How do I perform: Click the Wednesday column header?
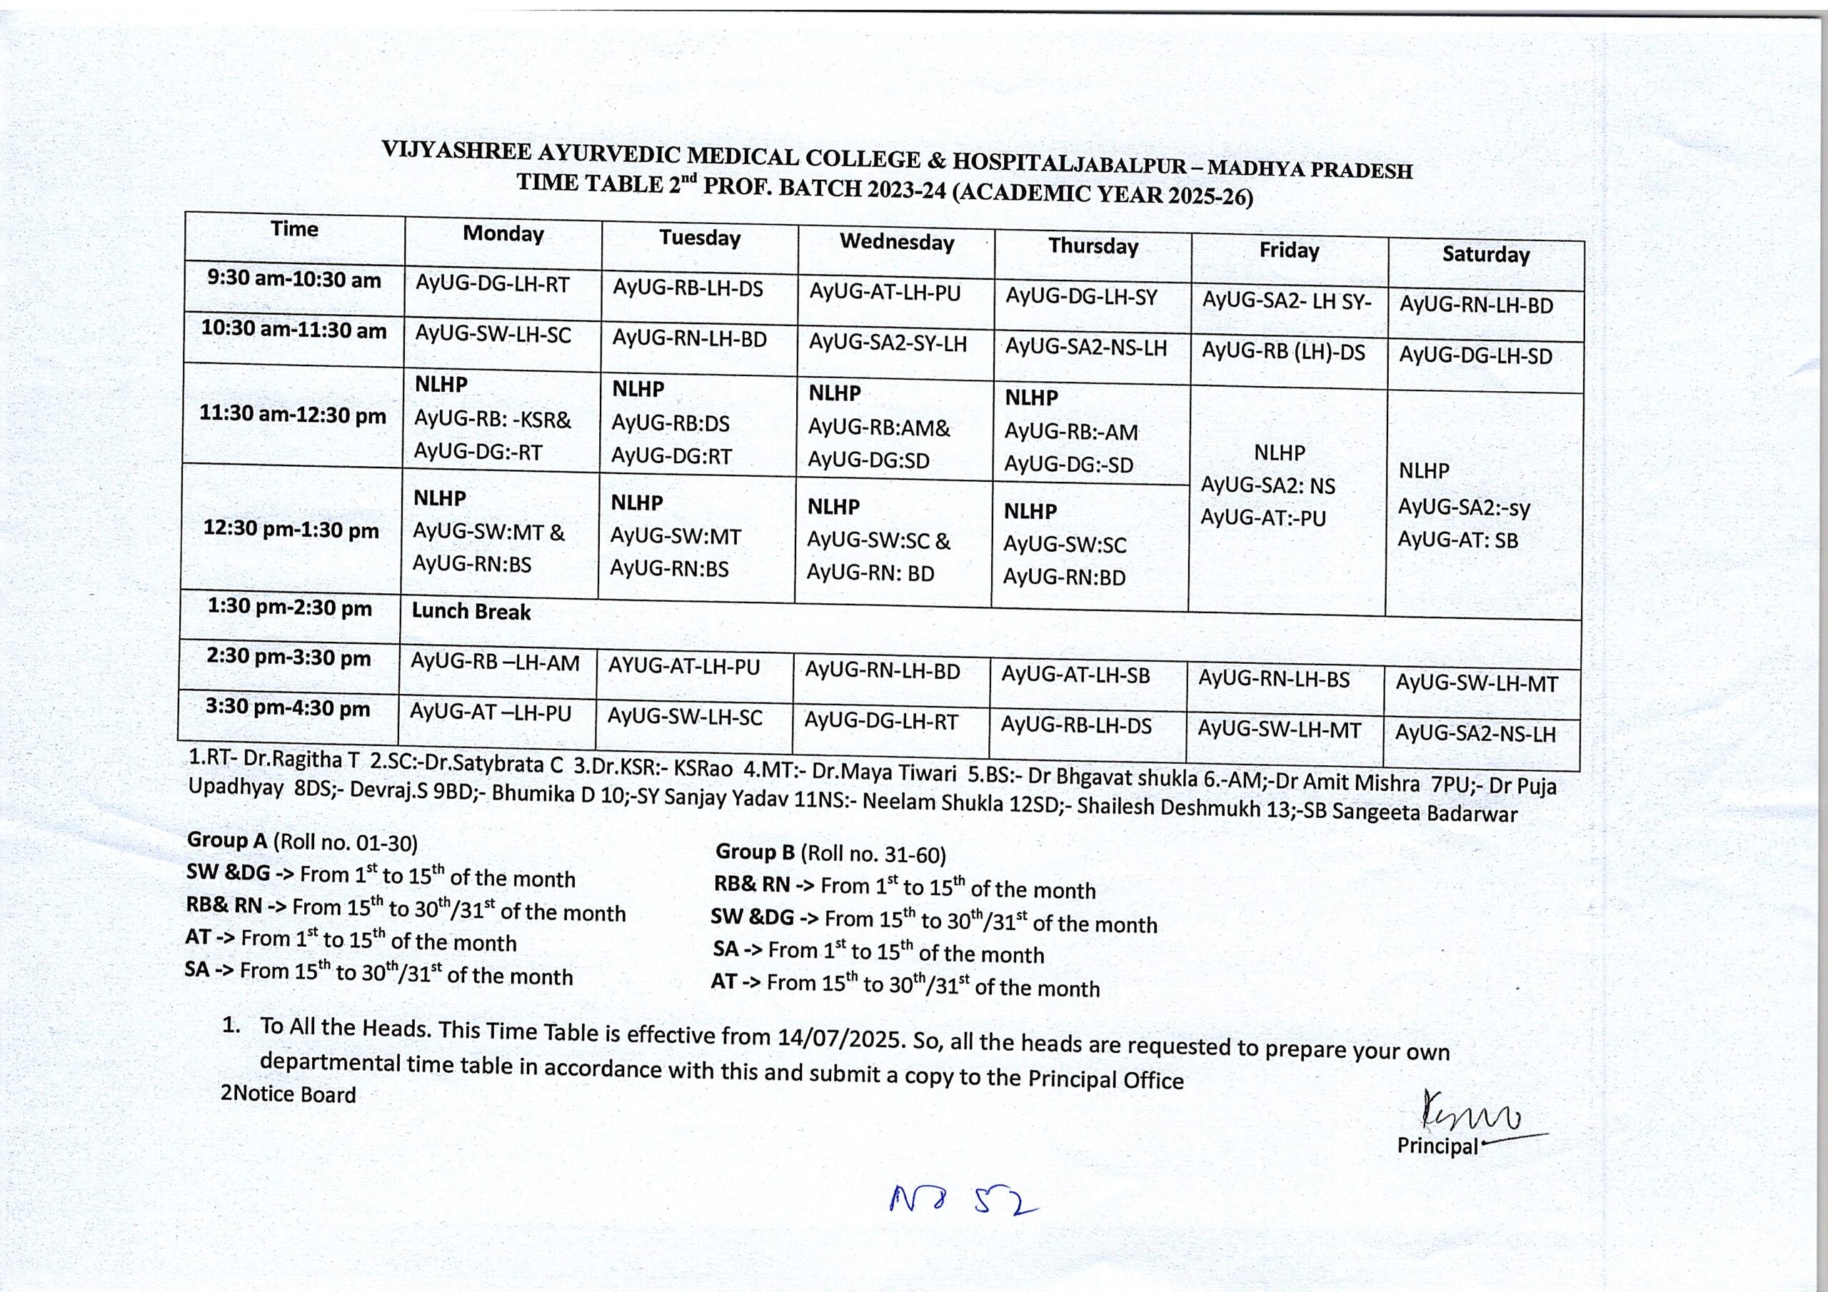(x=896, y=242)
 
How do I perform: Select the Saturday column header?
(x=1486, y=255)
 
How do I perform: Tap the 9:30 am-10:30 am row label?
(x=293, y=281)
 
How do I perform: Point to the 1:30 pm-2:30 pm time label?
(x=290, y=608)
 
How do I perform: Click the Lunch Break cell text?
(x=471, y=611)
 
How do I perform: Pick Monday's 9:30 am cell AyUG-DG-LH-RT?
(x=492, y=284)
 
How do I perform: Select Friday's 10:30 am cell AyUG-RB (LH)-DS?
(x=1282, y=352)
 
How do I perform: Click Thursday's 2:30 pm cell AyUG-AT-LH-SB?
(x=1075, y=676)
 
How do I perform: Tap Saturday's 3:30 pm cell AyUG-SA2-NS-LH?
(x=1475, y=734)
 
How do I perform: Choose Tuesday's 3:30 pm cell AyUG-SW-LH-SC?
(x=685, y=717)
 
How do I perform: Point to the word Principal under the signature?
(x=1437, y=1146)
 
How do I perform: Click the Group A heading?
(x=228, y=841)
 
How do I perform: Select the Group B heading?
(x=755, y=852)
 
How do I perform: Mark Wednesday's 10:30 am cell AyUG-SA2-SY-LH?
(x=888, y=343)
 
